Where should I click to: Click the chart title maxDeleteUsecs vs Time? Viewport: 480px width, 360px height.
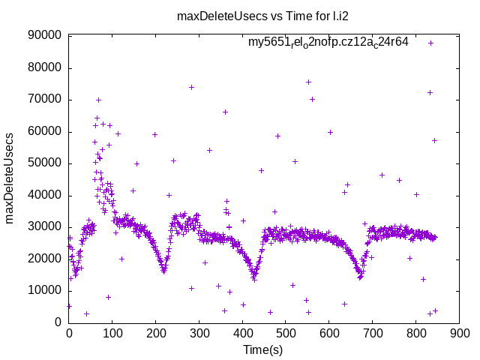point(239,16)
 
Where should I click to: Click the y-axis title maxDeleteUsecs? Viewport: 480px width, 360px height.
point(10,178)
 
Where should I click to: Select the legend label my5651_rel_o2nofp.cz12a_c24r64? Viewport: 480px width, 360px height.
point(328,42)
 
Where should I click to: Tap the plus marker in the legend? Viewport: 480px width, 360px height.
point(430,43)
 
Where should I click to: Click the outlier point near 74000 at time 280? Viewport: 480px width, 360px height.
point(191,87)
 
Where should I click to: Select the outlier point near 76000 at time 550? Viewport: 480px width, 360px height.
point(308,82)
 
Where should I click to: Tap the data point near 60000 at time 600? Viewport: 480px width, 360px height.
point(330,132)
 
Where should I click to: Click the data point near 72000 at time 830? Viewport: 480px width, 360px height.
point(430,92)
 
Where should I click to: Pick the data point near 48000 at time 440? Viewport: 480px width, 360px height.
point(261,170)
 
